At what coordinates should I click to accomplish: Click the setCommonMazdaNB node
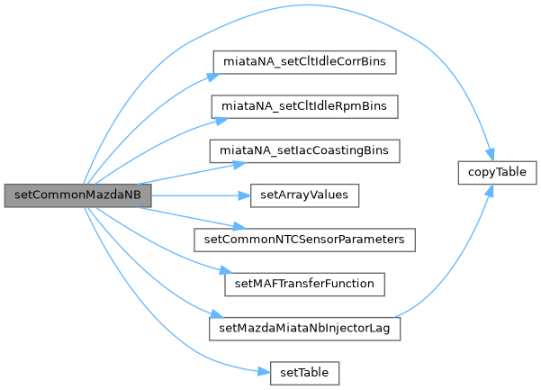click(x=76, y=195)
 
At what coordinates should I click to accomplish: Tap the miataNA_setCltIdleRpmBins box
click(x=304, y=106)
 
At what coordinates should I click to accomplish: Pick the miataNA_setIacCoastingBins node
click(x=304, y=150)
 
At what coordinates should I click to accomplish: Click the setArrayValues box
click(x=304, y=195)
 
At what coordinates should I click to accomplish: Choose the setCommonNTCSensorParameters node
click(x=304, y=239)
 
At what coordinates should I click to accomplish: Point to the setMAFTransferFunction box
click(x=304, y=283)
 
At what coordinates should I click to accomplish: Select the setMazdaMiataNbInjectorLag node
click(x=304, y=327)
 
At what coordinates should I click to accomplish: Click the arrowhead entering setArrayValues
click(x=242, y=195)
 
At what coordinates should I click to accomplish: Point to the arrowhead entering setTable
click(x=264, y=370)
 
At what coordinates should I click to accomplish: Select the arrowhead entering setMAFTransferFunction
click(x=218, y=274)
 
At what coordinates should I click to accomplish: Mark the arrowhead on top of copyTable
click(x=491, y=156)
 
